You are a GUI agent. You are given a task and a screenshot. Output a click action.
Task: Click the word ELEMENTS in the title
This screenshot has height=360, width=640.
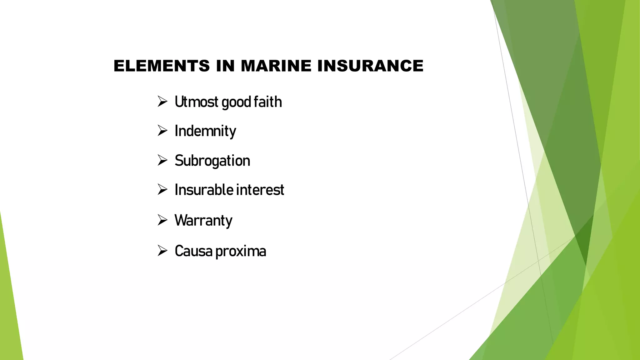click(x=162, y=66)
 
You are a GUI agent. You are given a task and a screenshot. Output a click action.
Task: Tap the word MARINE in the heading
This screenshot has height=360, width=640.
click(x=276, y=66)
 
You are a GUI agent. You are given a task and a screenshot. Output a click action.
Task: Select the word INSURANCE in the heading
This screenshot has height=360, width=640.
click(x=370, y=66)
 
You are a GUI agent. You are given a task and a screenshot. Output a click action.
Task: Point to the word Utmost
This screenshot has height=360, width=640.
click(x=196, y=102)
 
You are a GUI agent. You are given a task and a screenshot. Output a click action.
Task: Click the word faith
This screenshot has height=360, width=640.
click(x=267, y=102)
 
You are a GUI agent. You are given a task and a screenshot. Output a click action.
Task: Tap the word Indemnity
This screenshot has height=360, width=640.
click(x=205, y=131)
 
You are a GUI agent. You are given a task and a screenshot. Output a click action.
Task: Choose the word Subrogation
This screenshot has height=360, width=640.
click(x=212, y=161)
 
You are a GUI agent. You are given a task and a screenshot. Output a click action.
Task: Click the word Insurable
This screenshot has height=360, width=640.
click(x=204, y=190)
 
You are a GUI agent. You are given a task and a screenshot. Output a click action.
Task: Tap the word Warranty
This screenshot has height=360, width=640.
click(x=203, y=220)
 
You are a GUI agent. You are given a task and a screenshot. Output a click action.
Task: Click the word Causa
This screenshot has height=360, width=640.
click(x=193, y=251)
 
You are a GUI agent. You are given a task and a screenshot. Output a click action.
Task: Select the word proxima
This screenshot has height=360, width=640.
click(x=241, y=251)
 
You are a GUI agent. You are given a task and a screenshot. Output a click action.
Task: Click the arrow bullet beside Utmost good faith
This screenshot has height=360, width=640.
click(x=162, y=101)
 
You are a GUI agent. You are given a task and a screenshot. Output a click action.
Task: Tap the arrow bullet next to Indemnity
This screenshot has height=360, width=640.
click(x=162, y=130)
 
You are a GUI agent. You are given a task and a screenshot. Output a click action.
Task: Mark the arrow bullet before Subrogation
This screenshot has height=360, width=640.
click(x=162, y=160)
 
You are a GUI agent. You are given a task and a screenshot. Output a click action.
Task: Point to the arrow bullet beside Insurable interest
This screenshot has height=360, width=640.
click(x=162, y=189)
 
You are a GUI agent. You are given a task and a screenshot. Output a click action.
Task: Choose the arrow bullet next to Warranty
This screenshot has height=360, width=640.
click(x=162, y=220)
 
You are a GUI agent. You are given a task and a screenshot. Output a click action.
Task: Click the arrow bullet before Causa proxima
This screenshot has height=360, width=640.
click(x=162, y=251)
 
